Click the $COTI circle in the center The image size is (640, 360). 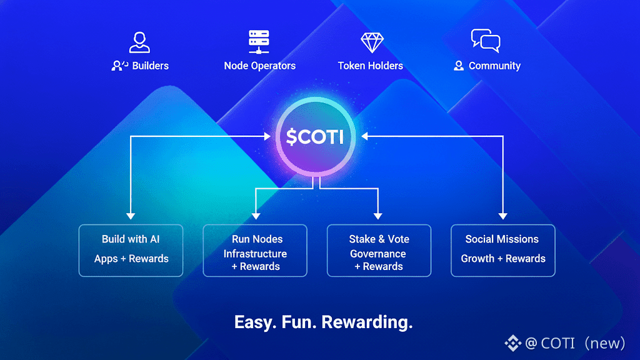(x=315, y=136)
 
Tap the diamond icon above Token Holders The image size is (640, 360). (x=372, y=42)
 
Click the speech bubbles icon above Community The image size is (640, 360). (x=486, y=41)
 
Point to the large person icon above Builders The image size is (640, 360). (x=139, y=42)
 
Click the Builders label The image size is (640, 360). (x=150, y=66)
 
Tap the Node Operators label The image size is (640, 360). (x=259, y=66)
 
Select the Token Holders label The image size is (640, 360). (x=370, y=66)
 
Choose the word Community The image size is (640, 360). (x=494, y=66)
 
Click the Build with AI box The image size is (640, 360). (x=131, y=250)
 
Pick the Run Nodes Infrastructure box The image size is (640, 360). (x=255, y=250)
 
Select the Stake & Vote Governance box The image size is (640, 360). (x=379, y=250)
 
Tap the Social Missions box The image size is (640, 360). (x=503, y=250)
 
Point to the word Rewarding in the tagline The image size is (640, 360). (x=367, y=322)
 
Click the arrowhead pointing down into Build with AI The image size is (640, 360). (x=131, y=216)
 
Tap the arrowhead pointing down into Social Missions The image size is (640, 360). (x=503, y=216)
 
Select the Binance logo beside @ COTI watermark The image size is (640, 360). (x=513, y=343)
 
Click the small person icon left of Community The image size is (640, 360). (x=459, y=66)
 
